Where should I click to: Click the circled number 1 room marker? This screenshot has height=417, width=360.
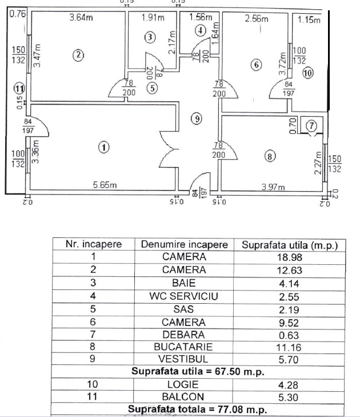(x=103, y=147)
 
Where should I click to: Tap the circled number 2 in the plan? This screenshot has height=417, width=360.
(x=78, y=55)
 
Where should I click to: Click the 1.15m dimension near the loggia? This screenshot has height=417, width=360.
(x=309, y=21)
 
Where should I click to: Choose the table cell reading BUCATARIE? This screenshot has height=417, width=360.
(x=183, y=347)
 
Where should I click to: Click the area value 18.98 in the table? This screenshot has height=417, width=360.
(x=290, y=257)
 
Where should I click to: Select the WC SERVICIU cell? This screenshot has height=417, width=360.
(x=183, y=296)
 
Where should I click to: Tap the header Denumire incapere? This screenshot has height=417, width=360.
(x=183, y=244)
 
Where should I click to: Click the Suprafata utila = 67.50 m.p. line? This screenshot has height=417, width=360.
(x=197, y=371)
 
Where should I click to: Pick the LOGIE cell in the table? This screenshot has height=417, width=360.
(x=183, y=384)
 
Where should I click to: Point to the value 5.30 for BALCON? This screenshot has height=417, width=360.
(x=290, y=396)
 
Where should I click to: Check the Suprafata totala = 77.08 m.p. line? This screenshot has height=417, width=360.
(x=197, y=409)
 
